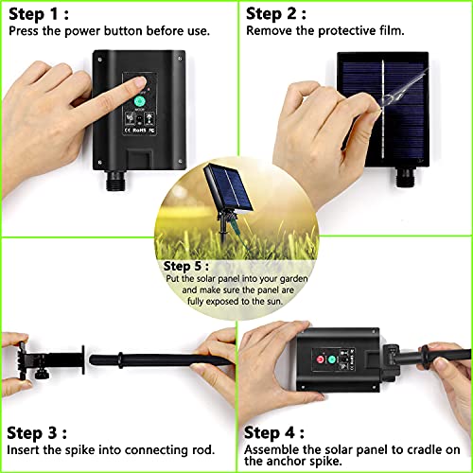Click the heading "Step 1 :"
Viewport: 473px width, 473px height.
pyautogui.click(x=39, y=14)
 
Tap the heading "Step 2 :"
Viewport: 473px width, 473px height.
pyautogui.click(x=276, y=14)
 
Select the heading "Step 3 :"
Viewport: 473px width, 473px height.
pyautogui.click(x=37, y=433)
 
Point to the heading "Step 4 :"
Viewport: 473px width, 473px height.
pyautogui.click(x=274, y=432)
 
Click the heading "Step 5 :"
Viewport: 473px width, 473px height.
pyautogui.click(x=186, y=267)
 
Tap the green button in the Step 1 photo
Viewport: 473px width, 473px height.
pyautogui.click(x=139, y=101)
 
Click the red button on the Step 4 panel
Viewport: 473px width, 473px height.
pyautogui.click(x=321, y=359)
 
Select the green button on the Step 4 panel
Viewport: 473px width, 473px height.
pyautogui.click(x=332, y=359)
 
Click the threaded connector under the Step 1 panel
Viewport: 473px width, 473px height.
pyautogui.click(x=115, y=181)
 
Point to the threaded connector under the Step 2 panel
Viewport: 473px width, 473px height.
pyautogui.click(x=405, y=177)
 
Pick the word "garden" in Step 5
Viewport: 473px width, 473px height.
pyautogui.click(x=293, y=279)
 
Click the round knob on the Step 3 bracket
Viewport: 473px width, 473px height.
pyautogui.click(x=42, y=375)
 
